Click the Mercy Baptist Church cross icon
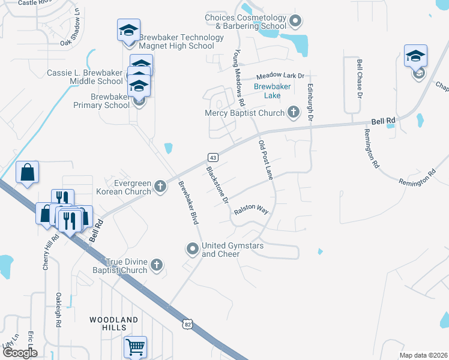point(294,112)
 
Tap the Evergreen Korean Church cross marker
point(160,187)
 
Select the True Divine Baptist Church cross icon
point(156,265)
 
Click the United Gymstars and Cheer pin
point(192,248)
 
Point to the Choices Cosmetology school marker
point(295,22)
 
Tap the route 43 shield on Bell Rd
point(212,157)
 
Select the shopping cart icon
point(135,347)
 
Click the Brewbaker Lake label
point(272,91)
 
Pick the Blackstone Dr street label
point(218,184)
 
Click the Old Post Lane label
point(266,160)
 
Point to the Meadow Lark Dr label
point(281,76)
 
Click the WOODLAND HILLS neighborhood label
point(114,323)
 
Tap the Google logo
point(19,353)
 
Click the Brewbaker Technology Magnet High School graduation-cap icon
point(128,31)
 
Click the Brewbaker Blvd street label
point(188,203)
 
